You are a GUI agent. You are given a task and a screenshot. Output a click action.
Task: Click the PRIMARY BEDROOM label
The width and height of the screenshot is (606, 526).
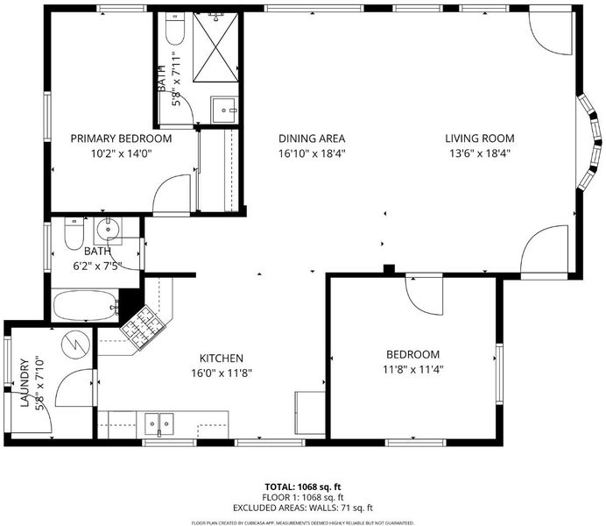click(121, 139)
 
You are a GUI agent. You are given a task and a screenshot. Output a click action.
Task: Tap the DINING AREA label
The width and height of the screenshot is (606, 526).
click(312, 139)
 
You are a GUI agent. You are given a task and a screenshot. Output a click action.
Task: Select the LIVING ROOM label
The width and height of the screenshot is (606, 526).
click(480, 139)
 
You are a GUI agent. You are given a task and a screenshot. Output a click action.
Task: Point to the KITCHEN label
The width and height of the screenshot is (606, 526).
click(222, 359)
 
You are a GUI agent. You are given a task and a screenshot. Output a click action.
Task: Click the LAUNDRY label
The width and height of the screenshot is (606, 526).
click(25, 383)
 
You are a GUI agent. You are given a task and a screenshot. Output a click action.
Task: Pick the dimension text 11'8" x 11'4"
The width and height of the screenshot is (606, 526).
click(412, 369)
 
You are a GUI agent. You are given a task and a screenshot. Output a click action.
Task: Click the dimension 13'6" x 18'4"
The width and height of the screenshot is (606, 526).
click(480, 153)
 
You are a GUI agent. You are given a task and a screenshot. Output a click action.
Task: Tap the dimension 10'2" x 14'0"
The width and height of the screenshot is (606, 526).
click(121, 153)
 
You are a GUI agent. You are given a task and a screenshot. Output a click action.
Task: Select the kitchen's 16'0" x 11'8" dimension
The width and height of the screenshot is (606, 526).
click(222, 373)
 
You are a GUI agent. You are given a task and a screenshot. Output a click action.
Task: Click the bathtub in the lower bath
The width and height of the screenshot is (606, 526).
click(86, 306)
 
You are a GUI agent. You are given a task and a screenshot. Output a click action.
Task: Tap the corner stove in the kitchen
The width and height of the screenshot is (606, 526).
click(144, 328)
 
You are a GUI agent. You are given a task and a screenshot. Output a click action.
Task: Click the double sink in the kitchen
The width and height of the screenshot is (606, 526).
click(159, 424)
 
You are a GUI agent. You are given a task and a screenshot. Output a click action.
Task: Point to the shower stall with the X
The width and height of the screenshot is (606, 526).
click(215, 47)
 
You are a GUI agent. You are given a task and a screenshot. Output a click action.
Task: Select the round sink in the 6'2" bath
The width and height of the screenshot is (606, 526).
click(109, 230)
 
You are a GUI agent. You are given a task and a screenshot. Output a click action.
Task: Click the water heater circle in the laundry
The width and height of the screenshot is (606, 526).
click(75, 343)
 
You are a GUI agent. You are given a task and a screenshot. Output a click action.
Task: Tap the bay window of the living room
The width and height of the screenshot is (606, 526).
click(589, 142)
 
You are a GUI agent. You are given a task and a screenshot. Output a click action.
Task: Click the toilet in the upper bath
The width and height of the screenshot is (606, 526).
click(175, 29)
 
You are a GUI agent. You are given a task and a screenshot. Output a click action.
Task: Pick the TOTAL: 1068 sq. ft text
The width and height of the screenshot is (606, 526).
click(303, 487)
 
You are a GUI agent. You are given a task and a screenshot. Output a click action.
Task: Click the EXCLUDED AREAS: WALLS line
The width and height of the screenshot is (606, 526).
click(303, 508)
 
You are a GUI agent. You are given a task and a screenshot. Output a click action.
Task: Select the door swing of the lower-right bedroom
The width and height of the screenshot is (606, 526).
click(424, 295)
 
